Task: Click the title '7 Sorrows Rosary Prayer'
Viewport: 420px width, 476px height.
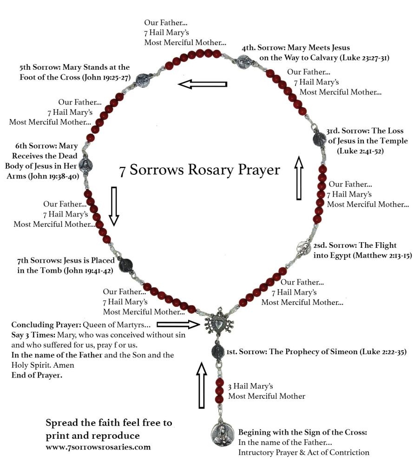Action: coord(200,170)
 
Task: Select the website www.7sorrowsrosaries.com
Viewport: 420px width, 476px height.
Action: coord(98,447)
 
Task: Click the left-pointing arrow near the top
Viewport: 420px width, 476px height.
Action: coord(203,84)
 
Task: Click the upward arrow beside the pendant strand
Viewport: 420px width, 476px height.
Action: coord(201,385)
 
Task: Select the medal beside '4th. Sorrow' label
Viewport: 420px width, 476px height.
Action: coord(243,61)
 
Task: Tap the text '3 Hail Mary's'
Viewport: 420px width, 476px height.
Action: coord(250,386)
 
